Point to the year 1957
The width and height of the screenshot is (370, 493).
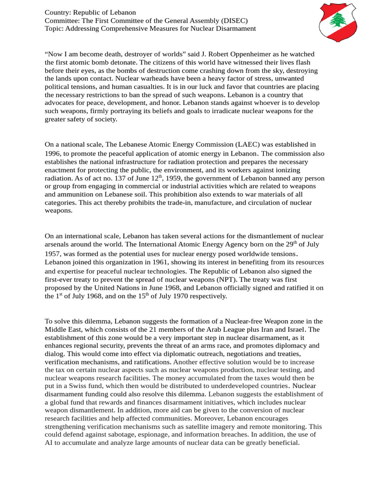pos(53,253)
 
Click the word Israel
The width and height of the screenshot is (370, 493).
pos(294,330)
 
